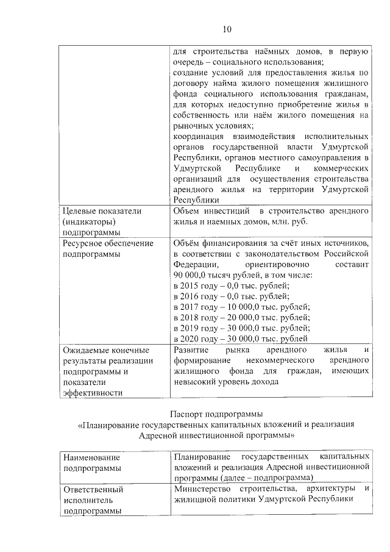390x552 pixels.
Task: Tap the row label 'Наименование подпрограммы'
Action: click(92, 462)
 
